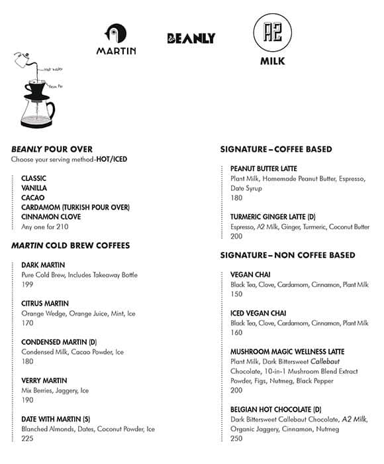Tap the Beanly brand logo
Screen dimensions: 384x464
coord(191,38)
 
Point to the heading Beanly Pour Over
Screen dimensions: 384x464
coord(52,149)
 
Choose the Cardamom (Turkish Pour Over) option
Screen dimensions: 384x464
coord(75,207)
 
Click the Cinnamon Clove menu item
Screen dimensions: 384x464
coord(51,217)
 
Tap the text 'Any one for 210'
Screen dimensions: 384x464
coord(45,227)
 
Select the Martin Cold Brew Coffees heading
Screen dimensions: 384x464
coord(70,245)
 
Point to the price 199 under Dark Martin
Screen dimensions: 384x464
coord(28,285)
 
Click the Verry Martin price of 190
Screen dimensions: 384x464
coord(28,400)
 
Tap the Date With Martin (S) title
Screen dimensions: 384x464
coord(56,419)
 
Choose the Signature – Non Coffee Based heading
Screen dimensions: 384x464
coord(287,255)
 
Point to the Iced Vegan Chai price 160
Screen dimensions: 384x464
coord(237,333)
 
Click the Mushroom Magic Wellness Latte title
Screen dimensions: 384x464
coord(287,351)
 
